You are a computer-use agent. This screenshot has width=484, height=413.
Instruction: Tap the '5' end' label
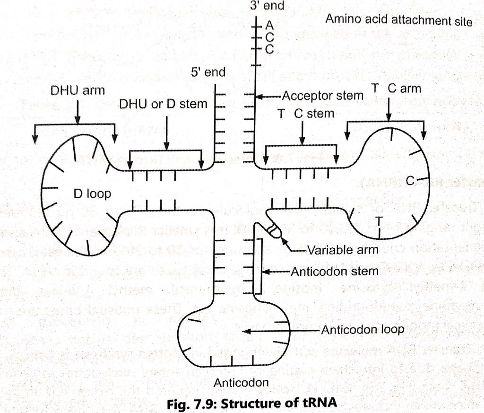(208, 73)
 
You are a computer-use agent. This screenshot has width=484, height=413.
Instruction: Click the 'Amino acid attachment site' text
(398, 20)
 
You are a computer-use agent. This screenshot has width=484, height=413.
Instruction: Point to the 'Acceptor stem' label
(322, 96)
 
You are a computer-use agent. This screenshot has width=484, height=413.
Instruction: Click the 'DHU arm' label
(78, 90)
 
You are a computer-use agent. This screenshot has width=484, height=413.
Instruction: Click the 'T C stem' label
(306, 114)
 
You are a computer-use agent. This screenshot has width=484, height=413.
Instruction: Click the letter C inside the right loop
(410, 181)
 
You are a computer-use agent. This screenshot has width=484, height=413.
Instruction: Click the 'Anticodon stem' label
(334, 271)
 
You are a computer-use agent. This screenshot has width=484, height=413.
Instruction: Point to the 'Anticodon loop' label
(362, 330)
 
